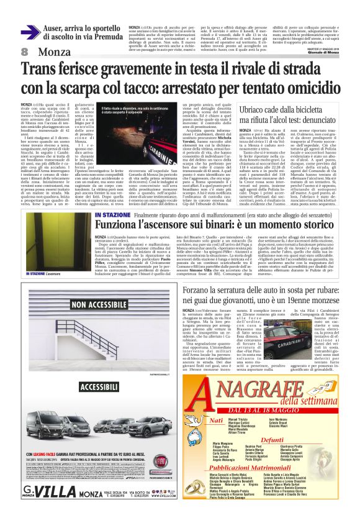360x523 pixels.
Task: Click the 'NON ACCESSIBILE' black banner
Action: coord(92,305)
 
